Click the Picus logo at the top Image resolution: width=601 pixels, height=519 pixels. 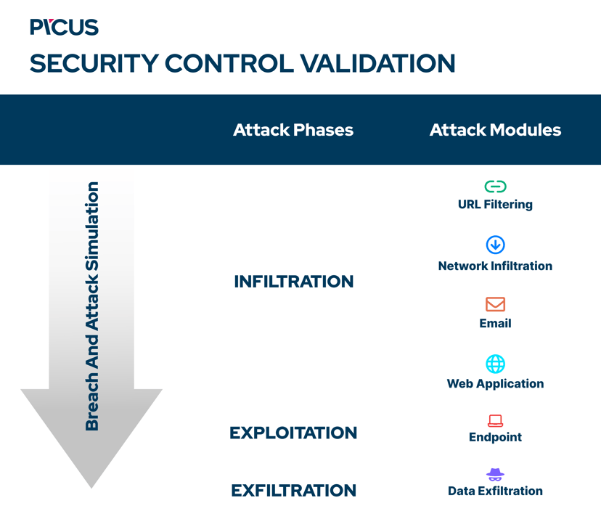pyautogui.click(x=64, y=28)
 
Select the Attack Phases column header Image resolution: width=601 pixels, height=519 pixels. pyautogui.click(x=293, y=130)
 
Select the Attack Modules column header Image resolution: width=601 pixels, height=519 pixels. pyautogui.click(x=495, y=130)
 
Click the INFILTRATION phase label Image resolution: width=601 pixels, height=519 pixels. pyautogui.click(x=293, y=282)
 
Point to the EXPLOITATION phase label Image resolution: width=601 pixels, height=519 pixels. pyautogui.click(x=293, y=433)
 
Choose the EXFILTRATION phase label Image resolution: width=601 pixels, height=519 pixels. pyautogui.click(x=293, y=491)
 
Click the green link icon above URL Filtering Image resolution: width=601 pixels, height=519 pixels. pyautogui.click(x=495, y=187)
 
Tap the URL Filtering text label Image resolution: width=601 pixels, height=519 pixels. pyautogui.click(x=495, y=205)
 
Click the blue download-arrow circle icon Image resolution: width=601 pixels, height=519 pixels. pyautogui.click(x=495, y=245)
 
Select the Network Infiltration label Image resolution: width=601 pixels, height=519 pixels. pyautogui.click(x=495, y=266)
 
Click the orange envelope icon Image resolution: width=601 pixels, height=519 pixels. pyautogui.click(x=495, y=304)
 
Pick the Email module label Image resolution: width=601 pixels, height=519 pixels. pyautogui.click(x=495, y=323)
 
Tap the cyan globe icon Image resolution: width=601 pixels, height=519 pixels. pyautogui.click(x=495, y=364)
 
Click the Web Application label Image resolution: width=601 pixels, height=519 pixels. pyautogui.click(x=495, y=383)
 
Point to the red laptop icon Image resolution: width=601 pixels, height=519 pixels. pyautogui.click(x=495, y=420)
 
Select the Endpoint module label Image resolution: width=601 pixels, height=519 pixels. pyautogui.click(x=495, y=437)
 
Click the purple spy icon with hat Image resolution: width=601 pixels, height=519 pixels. pyautogui.click(x=495, y=475)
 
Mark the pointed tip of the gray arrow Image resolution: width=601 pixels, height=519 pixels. pyautogui.click(x=91, y=486)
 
